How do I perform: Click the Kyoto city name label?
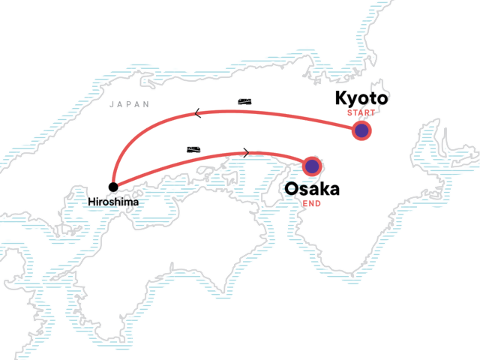coord(361,100)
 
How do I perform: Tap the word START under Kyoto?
coord(361,113)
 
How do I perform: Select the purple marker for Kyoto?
coord(362,131)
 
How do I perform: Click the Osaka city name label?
coord(312,188)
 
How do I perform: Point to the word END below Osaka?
coord(312,202)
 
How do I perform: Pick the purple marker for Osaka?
coord(312,166)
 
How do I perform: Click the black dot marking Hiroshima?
coord(113,187)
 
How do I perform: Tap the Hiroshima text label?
coord(113,202)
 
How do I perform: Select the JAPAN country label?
coord(130,105)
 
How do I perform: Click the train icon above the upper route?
coord(245,100)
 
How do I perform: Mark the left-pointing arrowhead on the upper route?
coord(197,114)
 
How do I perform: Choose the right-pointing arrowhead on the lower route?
coord(246,153)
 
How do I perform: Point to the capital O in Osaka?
coord(292,188)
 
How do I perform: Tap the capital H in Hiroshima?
coord(90,202)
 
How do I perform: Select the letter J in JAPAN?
coord(112,105)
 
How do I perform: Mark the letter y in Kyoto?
coord(353,102)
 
